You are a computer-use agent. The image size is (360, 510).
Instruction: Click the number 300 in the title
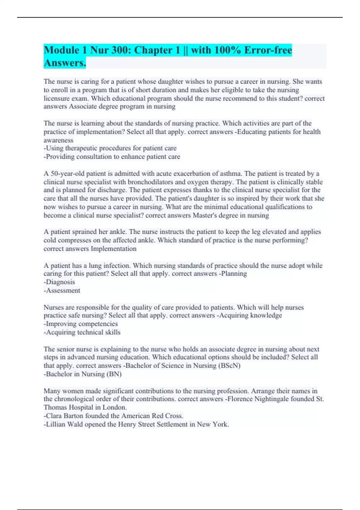tap(120, 50)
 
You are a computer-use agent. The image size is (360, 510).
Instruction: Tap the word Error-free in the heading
tap(268, 50)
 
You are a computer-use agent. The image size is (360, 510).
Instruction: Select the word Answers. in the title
tap(65, 63)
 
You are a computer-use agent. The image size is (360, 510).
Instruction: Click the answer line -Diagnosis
tap(59, 282)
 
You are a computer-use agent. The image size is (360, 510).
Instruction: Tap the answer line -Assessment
tap(62, 290)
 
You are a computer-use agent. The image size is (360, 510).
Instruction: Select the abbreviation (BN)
tap(114, 374)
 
